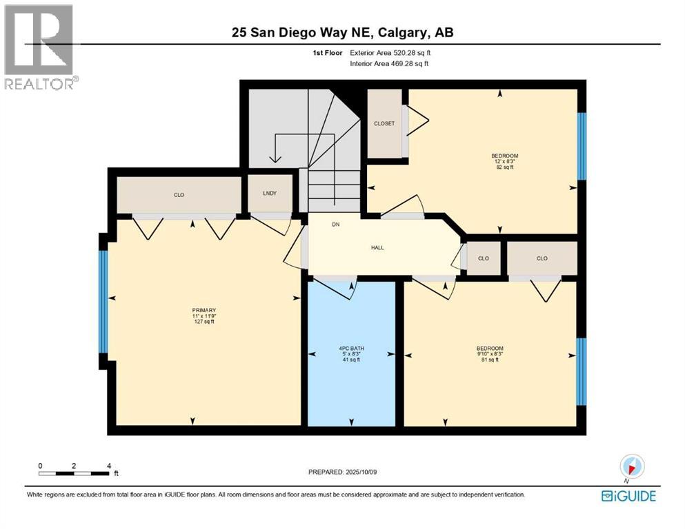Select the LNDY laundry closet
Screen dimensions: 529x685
point(270,194)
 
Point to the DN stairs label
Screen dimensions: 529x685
point(336,225)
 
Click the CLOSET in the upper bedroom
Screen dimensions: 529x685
point(384,124)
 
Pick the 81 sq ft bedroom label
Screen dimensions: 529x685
point(490,353)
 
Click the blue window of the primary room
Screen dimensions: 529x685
point(103,302)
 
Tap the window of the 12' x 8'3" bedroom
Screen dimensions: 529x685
point(581,145)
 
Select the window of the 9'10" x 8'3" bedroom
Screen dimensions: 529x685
point(581,372)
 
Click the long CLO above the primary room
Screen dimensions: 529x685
point(179,196)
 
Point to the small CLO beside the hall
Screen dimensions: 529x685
point(484,259)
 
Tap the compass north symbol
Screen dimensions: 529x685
point(632,466)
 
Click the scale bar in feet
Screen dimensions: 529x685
point(75,473)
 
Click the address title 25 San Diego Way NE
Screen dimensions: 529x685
point(342,32)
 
